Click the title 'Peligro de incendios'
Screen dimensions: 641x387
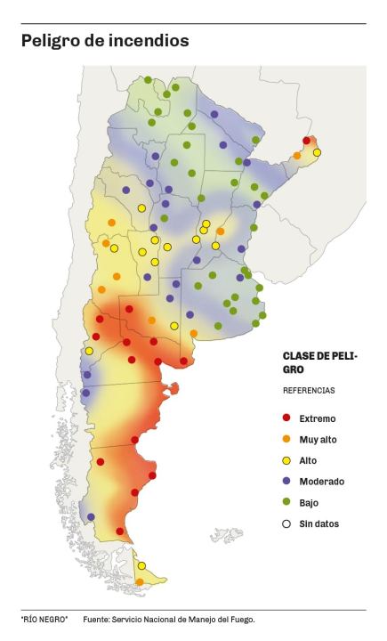[105, 41]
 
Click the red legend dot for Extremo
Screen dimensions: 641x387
[286, 418]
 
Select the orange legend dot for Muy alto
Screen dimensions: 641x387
[286, 439]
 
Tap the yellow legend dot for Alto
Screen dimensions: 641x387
[286, 460]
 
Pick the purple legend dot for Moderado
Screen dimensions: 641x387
[286, 481]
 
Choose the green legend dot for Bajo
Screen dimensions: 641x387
[286, 502]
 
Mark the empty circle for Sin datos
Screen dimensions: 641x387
[286, 523]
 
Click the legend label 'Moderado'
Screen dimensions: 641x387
[321, 481]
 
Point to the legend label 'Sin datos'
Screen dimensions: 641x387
[318, 523]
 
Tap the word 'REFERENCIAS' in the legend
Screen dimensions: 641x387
[309, 390]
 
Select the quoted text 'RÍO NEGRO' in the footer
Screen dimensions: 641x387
[44, 619]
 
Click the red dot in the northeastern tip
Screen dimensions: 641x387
[307, 141]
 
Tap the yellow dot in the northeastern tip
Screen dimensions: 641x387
[317, 152]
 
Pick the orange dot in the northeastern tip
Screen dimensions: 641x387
[297, 156]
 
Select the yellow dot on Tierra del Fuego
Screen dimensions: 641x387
[141, 565]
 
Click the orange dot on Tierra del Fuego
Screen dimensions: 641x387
[140, 581]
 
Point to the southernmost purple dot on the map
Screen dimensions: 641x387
[91, 516]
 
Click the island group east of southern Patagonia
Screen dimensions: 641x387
[225, 535]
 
